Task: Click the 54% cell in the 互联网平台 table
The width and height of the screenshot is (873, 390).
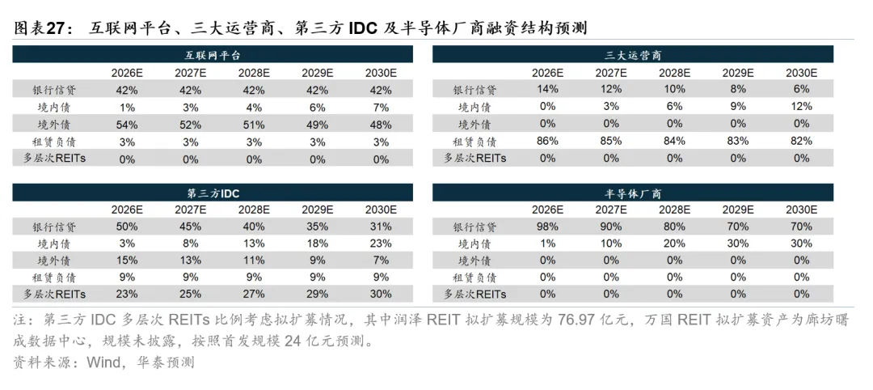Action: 126,125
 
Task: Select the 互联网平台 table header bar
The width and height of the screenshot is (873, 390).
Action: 213,54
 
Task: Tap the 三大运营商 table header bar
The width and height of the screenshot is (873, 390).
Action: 634,54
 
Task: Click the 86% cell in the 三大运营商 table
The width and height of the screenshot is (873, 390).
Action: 547,142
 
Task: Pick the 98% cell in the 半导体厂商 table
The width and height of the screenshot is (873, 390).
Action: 547,227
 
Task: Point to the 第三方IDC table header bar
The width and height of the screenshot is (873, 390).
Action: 213,193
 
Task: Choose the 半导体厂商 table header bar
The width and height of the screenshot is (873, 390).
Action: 634,193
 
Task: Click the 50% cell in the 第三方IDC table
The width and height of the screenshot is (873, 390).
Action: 126,227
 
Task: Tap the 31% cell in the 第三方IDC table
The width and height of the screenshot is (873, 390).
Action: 381,227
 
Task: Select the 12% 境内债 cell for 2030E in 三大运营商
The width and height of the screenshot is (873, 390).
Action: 802,107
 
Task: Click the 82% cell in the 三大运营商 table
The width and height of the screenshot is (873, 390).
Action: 802,142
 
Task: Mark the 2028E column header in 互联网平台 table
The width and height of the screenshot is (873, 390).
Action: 254,73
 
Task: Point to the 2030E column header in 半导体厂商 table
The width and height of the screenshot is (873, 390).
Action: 802,210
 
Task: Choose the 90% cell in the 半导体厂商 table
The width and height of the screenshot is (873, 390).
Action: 611,227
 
